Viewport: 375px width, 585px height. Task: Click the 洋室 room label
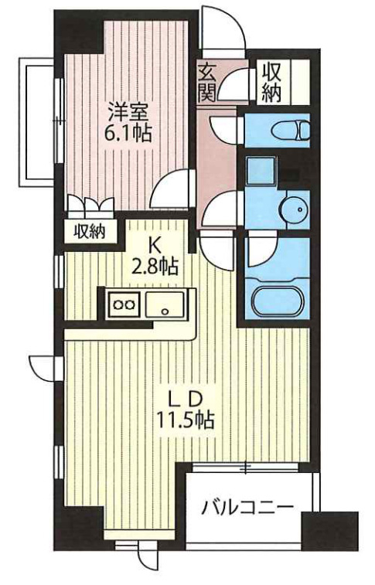click(128, 111)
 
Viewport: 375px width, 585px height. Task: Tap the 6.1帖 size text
click(128, 133)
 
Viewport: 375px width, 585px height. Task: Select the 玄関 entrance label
click(207, 83)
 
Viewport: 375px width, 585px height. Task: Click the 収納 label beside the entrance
click(271, 83)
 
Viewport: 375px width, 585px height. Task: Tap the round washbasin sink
click(294, 209)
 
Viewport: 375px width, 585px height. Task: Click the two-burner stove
click(124, 304)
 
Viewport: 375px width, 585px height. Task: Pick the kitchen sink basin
click(165, 304)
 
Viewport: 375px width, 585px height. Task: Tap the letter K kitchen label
click(154, 246)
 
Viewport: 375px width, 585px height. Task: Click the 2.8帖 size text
click(154, 267)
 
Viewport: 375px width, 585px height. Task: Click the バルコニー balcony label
click(247, 508)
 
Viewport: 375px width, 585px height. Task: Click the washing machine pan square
click(261, 171)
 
